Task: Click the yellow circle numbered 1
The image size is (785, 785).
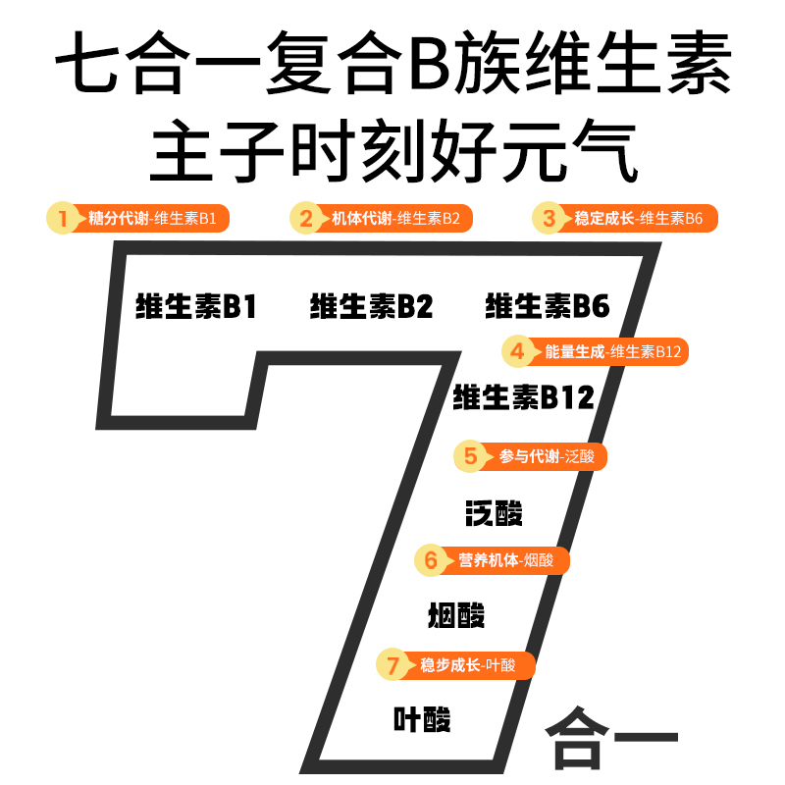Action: (63, 218)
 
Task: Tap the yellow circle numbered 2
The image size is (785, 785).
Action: (306, 218)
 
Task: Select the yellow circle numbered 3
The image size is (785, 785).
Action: (549, 218)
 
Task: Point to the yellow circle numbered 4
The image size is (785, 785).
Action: (518, 351)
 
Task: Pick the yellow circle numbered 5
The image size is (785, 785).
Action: (470, 456)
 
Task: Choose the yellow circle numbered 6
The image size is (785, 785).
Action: (430, 561)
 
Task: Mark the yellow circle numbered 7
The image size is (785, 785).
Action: (392, 665)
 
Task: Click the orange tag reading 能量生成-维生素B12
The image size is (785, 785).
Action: (612, 351)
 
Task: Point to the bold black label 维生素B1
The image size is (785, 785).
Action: (195, 307)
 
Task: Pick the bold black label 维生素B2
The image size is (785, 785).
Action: (371, 307)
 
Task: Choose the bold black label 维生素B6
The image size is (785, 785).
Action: (548, 307)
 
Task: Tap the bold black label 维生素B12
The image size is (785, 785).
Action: (523, 397)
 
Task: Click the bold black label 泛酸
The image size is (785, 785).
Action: (494, 512)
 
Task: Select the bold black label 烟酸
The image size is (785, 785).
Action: (456, 615)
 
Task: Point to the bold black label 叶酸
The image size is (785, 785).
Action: (422, 719)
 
